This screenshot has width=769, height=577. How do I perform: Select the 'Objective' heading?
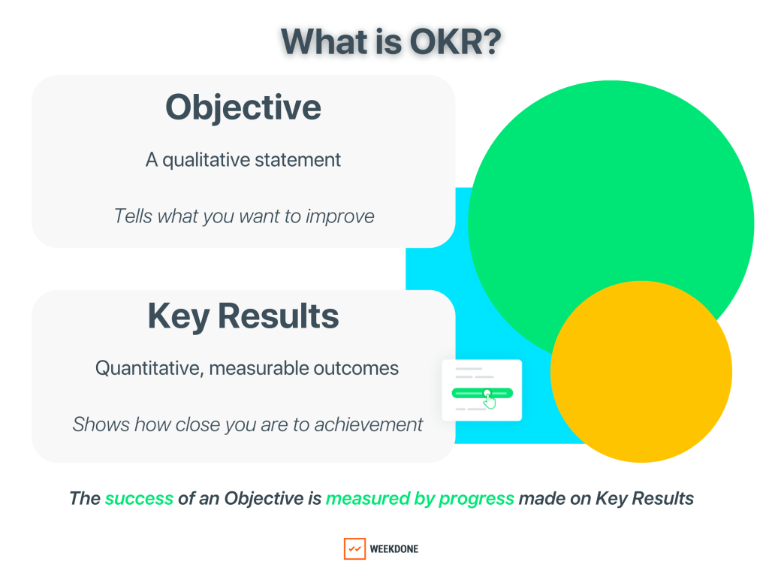point(243,107)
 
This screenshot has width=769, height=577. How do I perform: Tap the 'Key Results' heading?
point(243,316)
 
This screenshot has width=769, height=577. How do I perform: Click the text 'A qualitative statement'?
point(243,159)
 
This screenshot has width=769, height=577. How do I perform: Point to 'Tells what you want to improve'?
point(243,216)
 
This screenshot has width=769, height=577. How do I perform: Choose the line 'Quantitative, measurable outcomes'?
point(246,368)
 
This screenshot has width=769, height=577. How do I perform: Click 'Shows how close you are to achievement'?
point(247,424)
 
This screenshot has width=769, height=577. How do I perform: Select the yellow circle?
point(641,372)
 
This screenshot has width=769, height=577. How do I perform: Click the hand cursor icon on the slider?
point(490,399)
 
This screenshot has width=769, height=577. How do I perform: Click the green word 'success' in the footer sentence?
point(139,498)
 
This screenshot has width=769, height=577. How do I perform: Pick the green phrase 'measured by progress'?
point(420,498)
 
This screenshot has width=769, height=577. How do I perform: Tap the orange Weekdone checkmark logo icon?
point(354,548)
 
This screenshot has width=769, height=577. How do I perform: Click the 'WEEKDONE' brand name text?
point(394,549)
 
